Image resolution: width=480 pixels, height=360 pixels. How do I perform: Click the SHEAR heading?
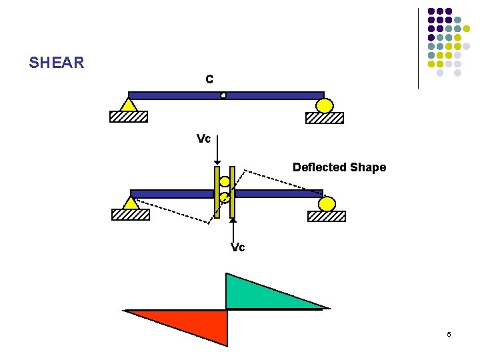(57, 63)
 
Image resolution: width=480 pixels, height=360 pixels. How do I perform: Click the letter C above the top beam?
(209, 79)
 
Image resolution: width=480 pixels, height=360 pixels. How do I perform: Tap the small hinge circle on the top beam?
(223, 95)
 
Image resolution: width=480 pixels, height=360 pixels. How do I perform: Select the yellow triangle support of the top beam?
(129, 105)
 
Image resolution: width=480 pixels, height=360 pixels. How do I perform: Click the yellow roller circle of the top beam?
(325, 105)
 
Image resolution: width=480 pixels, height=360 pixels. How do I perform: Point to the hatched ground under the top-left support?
(129, 117)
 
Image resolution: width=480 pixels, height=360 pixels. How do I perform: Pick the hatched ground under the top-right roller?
(325, 118)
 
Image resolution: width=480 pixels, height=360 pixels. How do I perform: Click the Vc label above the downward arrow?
(204, 139)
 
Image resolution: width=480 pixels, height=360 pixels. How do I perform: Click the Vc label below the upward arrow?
(238, 247)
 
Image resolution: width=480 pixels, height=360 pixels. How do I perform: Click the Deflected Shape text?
(339, 167)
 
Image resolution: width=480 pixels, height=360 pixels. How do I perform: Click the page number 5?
(449, 334)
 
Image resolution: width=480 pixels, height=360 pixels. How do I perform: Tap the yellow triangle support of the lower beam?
(131, 203)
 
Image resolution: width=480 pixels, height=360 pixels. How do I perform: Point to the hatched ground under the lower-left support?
(131, 215)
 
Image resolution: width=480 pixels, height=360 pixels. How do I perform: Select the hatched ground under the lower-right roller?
(327, 216)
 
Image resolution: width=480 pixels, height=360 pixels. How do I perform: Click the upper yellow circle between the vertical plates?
(225, 181)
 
